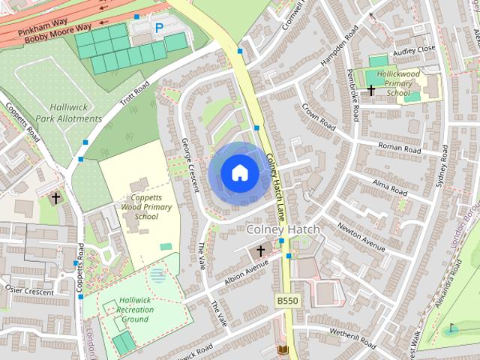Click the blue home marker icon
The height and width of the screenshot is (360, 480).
[x=239, y=173]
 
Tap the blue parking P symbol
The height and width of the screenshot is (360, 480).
[x=159, y=28]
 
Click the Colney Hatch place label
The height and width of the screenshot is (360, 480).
[x=283, y=229]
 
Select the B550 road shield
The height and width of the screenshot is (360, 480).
[x=286, y=300]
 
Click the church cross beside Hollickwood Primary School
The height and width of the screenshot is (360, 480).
[x=370, y=91]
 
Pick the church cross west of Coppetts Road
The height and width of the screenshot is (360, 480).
[x=56, y=199]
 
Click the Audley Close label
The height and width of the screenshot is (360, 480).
[x=413, y=49]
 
